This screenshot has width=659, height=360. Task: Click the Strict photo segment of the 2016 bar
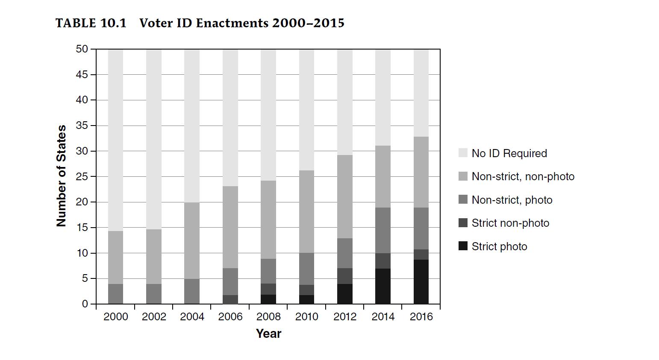click(x=421, y=282)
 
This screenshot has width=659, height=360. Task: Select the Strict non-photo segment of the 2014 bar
click(x=383, y=261)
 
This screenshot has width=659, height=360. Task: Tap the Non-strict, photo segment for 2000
click(x=116, y=294)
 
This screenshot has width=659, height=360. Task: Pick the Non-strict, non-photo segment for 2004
click(x=192, y=240)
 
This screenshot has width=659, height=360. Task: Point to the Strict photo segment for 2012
click(x=345, y=294)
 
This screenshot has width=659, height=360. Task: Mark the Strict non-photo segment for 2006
click(x=230, y=299)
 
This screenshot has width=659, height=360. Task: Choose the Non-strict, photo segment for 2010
click(x=306, y=269)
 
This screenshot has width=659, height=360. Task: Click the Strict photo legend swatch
click(x=463, y=246)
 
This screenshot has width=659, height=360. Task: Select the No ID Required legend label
click(x=509, y=153)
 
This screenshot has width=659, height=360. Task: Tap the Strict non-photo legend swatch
click(x=463, y=223)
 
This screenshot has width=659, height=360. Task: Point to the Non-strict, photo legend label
click(x=512, y=200)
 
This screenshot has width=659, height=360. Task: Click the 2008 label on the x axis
click(x=268, y=316)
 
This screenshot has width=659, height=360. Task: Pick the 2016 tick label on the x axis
click(x=421, y=316)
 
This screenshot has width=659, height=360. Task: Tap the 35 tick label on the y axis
click(x=82, y=126)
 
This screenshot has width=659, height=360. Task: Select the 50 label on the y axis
click(x=82, y=49)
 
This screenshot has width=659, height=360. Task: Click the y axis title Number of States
click(x=62, y=176)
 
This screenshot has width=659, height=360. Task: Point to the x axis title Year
click(x=268, y=334)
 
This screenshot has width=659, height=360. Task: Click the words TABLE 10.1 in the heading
click(x=91, y=23)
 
